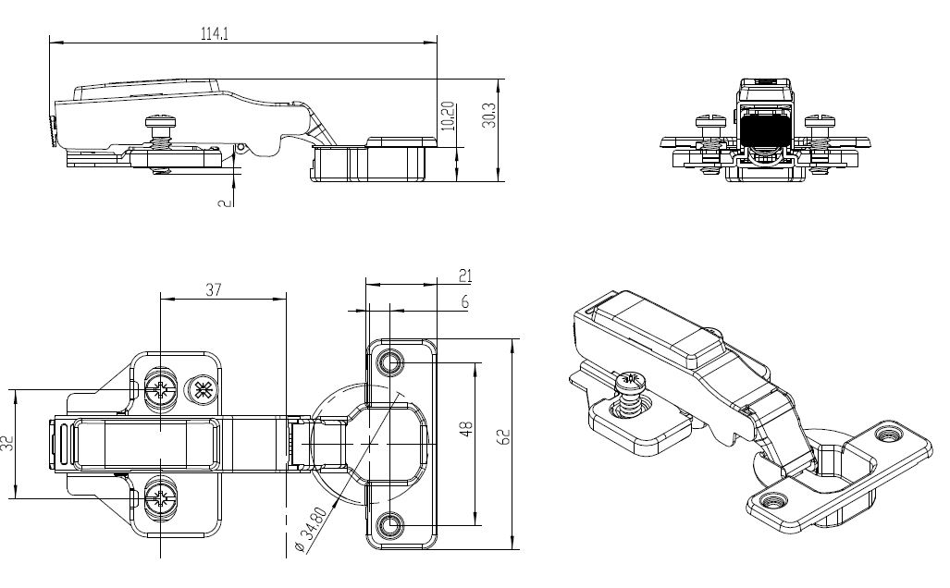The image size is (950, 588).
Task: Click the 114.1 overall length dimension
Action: click(215, 33)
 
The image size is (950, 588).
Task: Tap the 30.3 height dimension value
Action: click(488, 116)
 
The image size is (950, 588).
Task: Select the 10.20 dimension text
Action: click(448, 115)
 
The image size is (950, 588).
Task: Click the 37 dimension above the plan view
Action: click(214, 289)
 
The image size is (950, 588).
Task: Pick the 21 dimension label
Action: click(465, 276)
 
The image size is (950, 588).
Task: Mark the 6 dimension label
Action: click(464, 301)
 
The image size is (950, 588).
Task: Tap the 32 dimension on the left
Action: click(7, 442)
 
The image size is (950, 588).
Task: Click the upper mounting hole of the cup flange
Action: click(390, 361)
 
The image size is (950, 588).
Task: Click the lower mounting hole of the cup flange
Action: click(390, 524)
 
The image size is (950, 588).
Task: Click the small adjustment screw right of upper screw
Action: click(202, 389)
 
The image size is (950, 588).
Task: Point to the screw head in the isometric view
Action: click(631, 379)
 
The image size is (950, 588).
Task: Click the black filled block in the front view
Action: click(764, 130)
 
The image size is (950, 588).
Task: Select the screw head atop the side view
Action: click(162, 120)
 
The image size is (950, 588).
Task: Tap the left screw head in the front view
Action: click(711, 119)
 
